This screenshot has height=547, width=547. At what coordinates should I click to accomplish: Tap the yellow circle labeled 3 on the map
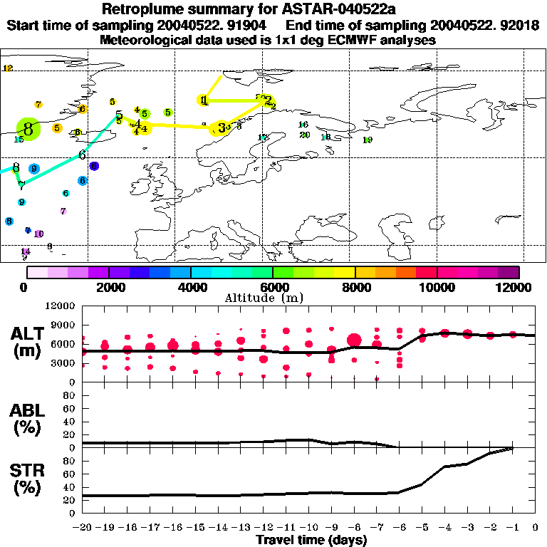[x=222, y=127]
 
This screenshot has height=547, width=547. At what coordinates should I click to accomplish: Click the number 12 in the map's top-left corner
[x=8, y=68]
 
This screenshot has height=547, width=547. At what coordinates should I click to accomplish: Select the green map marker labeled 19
[x=368, y=140]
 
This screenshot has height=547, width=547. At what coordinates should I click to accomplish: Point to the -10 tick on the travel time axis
[x=309, y=528]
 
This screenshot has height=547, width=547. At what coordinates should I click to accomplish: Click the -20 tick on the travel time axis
[x=83, y=528]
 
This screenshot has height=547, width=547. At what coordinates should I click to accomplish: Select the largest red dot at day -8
[x=354, y=340]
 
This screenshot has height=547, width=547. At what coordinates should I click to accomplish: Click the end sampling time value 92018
[x=522, y=26]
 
